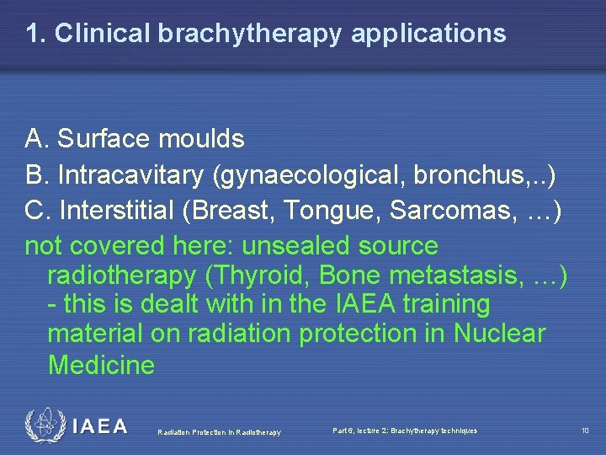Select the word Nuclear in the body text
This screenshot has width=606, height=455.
(x=500, y=334)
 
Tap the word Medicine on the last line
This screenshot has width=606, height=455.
(x=102, y=364)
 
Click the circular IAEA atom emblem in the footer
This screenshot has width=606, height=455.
(x=44, y=426)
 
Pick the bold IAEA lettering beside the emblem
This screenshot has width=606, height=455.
(x=99, y=426)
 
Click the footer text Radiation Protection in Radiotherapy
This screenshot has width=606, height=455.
(x=219, y=433)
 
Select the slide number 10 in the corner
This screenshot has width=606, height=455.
(x=585, y=431)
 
